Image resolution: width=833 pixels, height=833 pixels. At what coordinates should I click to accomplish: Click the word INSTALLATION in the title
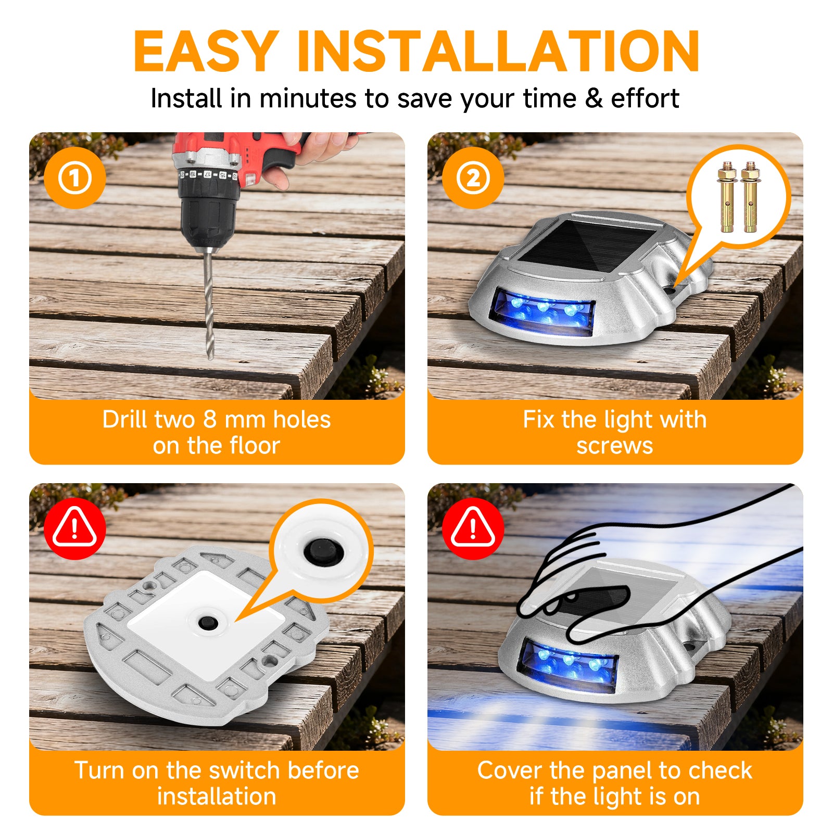tap(498, 51)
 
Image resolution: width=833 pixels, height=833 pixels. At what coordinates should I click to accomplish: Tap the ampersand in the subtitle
tap(593, 98)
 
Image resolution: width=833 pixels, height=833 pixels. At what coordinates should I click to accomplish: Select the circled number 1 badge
tap(75, 178)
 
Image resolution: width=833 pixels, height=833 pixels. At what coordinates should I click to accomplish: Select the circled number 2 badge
tap(473, 178)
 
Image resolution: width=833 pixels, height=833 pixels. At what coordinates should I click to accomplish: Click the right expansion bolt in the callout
tap(750, 197)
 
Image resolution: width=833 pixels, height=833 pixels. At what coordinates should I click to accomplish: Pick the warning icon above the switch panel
tap(75, 529)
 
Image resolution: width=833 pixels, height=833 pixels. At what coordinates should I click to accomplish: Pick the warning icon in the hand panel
tap(473, 529)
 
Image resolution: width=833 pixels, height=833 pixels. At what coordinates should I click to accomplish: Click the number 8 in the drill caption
tap(210, 420)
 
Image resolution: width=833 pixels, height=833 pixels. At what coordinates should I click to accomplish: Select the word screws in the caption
tap(615, 446)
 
